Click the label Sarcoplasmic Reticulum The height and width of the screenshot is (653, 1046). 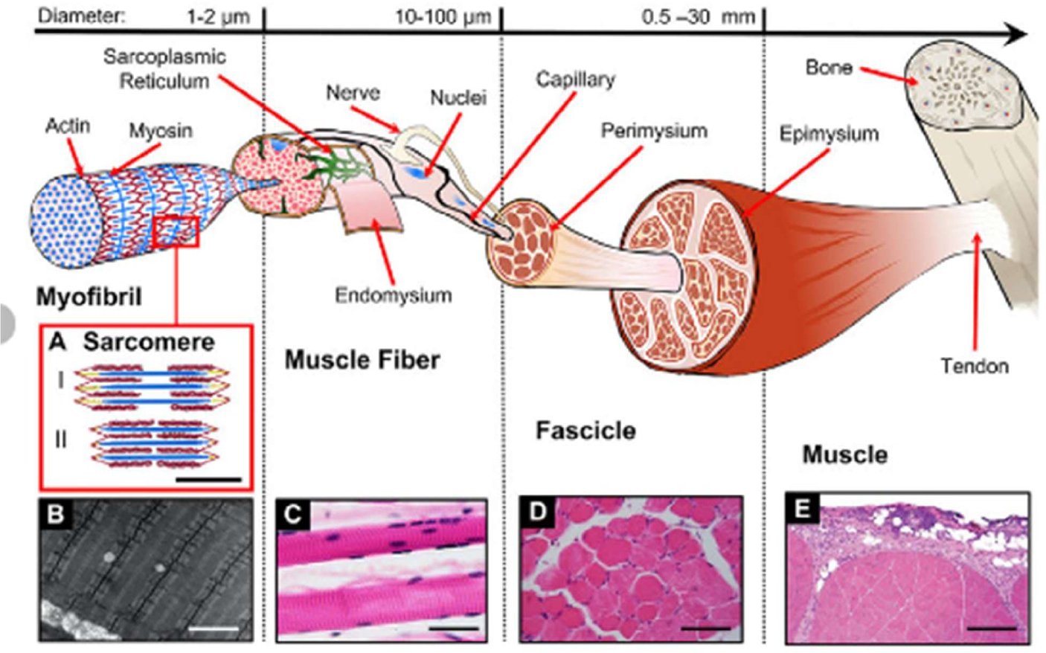click(164, 68)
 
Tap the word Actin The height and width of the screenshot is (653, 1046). click(68, 126)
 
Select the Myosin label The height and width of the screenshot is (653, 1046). click(161, 131)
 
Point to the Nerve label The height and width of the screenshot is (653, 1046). click(353, 93)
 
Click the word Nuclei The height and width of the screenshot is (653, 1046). click(458, 97)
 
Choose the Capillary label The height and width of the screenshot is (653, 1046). click(575, 79)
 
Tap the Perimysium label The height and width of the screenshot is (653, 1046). click(654, 131)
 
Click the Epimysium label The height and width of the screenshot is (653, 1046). click(829, 134)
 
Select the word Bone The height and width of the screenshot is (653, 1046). click(828, 68)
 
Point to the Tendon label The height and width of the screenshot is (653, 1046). click(974, 366)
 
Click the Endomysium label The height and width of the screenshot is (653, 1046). click(393, 295)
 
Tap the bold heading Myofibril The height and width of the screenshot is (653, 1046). click(89, 297)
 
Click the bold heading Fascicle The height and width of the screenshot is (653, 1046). click(585, 431)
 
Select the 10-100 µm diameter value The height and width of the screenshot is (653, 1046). click(442, 16)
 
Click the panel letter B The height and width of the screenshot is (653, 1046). click(56, 514)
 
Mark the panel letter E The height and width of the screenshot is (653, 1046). click(802, 509)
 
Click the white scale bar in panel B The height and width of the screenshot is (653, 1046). click(213, 629)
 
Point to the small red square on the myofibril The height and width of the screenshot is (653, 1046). click(176, 231)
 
